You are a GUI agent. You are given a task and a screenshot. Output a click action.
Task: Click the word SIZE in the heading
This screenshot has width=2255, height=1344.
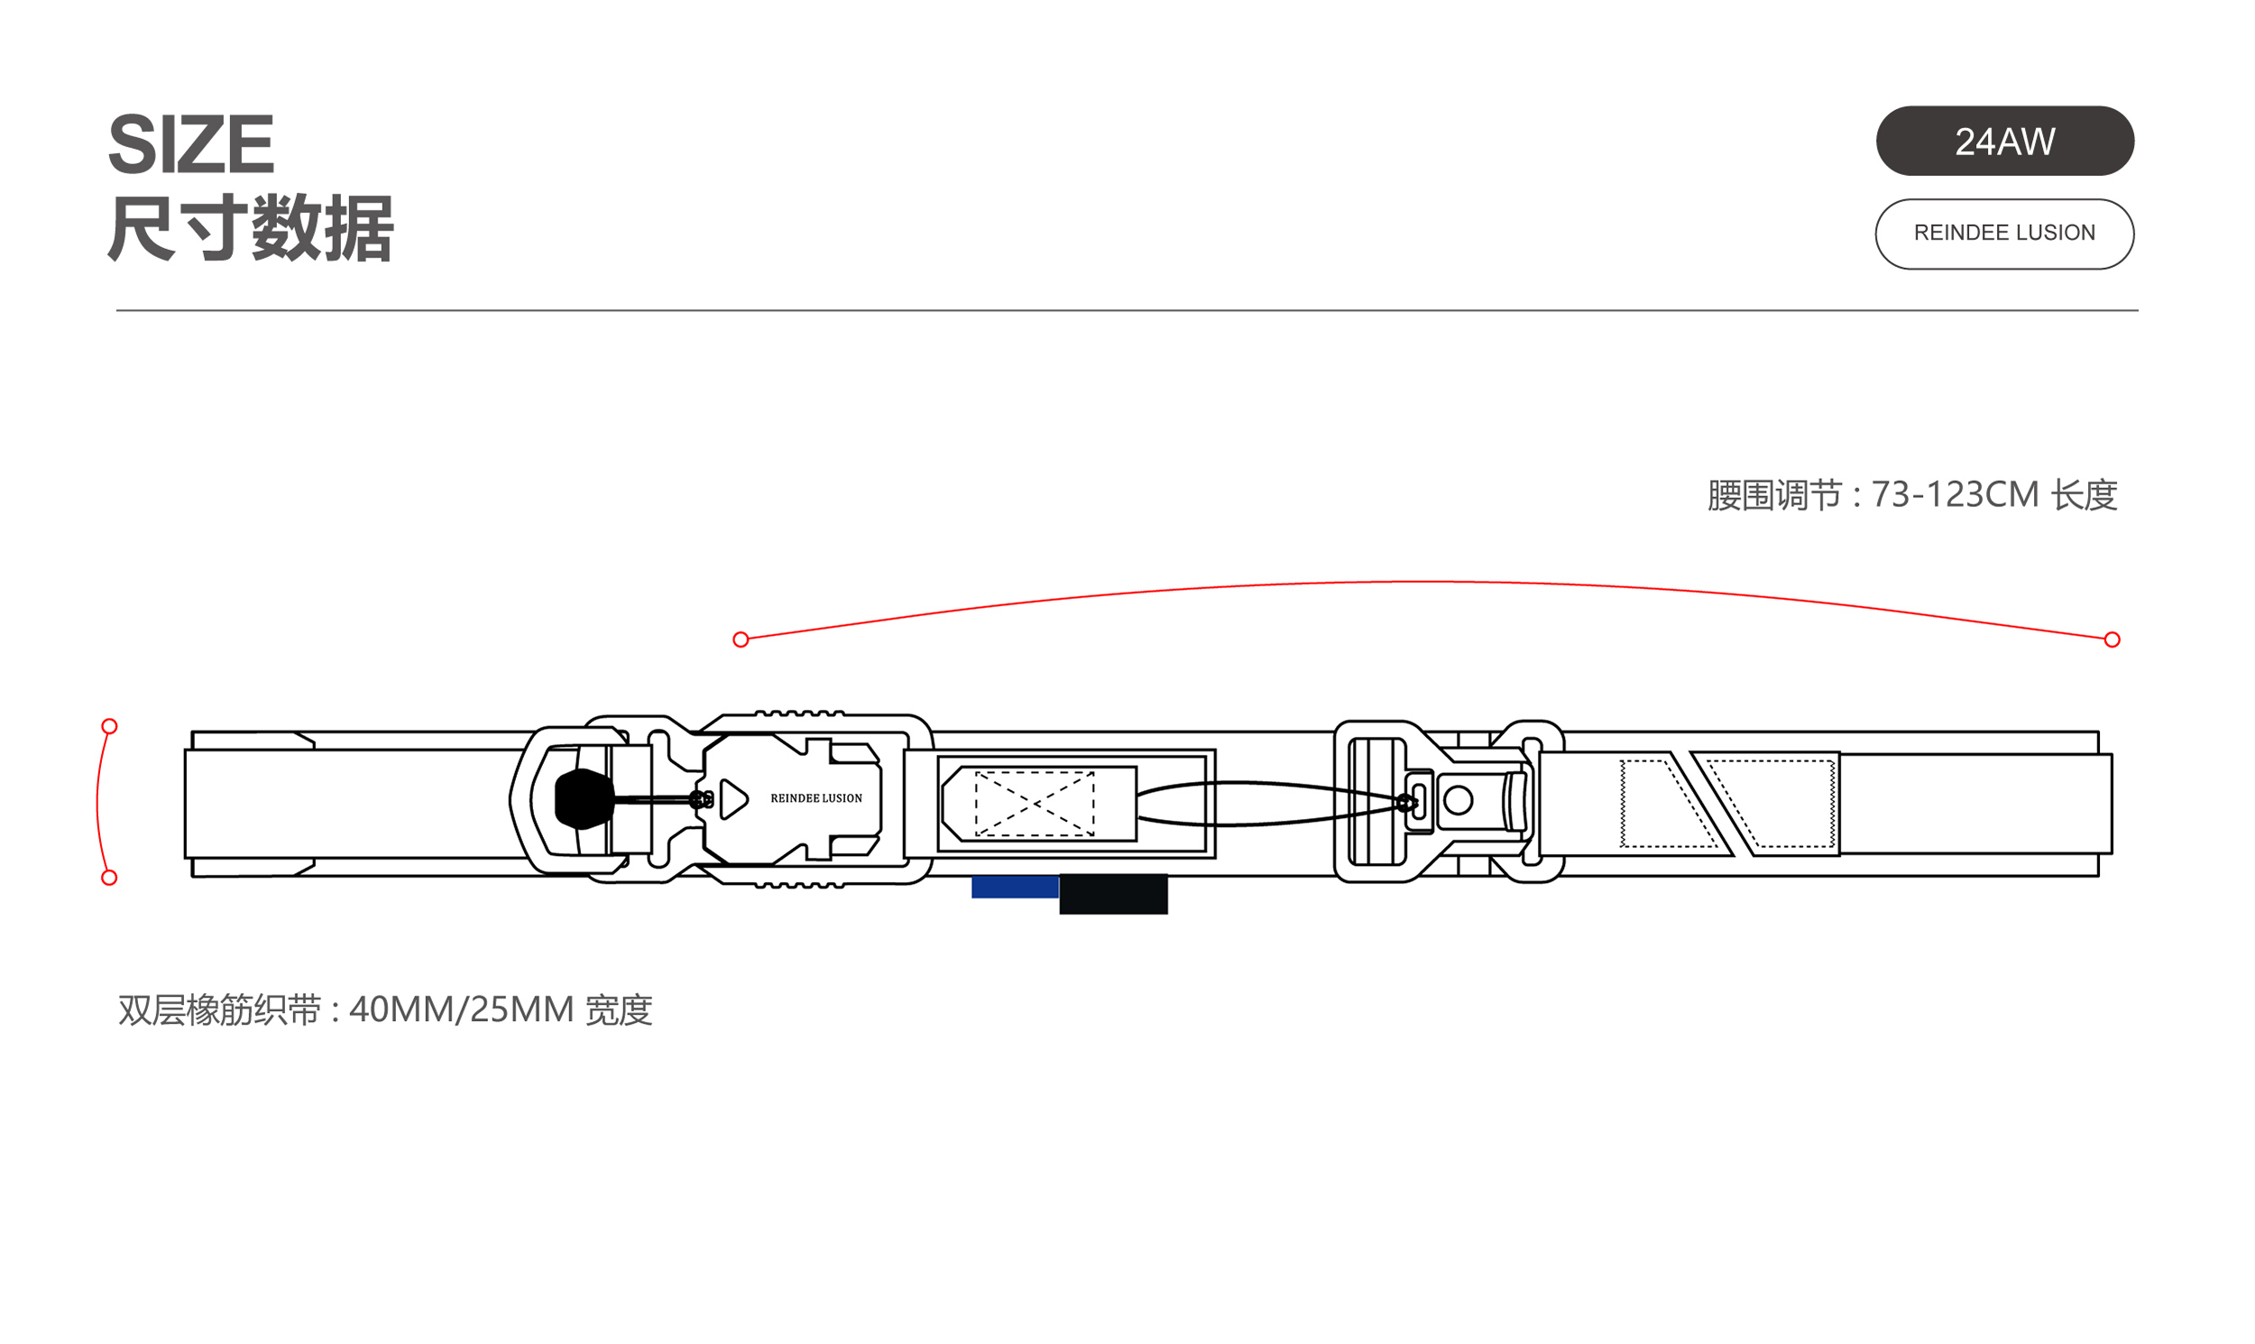(190, 144)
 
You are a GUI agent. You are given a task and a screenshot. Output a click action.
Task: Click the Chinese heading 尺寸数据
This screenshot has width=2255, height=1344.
(250, 228)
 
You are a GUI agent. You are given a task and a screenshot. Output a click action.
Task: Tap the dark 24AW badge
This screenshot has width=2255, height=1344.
(2003, 142)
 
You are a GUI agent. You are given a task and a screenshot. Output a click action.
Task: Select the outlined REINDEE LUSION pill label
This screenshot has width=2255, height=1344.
(2003, 234)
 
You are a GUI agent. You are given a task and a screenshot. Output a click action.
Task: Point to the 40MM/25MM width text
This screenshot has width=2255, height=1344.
(462, 1010)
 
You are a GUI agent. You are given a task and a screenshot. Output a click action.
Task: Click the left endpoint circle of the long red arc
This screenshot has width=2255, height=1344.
(741, 640)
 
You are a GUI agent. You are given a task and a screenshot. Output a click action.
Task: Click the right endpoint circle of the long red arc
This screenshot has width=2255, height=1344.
(2112, 640)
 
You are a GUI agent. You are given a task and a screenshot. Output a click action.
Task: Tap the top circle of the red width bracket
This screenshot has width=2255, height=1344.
(109, 726)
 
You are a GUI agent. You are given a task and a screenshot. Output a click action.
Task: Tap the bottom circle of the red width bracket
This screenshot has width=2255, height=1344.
(109, 878)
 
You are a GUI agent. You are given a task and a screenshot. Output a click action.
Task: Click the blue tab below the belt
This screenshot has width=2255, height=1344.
(1014, 888)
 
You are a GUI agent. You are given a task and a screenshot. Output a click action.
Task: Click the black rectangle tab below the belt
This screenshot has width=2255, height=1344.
(1113, 894)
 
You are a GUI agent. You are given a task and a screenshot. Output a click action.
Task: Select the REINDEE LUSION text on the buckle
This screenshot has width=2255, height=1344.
(816, 799)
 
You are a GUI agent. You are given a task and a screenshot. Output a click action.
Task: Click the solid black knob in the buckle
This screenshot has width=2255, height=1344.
(584, 799)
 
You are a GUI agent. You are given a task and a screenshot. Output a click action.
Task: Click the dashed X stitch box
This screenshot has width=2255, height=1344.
(1035, 804)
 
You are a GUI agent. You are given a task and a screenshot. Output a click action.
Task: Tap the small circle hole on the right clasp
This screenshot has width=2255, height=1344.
(1458, 801)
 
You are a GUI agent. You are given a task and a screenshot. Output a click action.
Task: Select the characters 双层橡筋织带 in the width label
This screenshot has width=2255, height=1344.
(220, 1010)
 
